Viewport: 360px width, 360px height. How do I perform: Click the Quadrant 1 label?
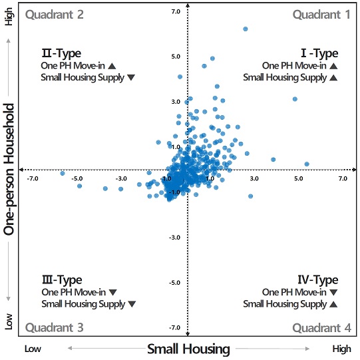click(321, 14)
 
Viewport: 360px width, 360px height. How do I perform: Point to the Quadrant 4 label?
click(321, 327)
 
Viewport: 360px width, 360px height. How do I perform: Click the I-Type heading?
click(319, 53)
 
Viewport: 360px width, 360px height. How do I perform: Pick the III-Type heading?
click(62, 280)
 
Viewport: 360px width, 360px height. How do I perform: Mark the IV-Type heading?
click(317, 280)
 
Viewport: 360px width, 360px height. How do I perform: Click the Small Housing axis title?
click(188, 349)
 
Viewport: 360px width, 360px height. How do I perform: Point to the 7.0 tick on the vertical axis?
click(194, 12)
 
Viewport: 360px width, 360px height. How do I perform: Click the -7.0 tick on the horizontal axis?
click(33, 178)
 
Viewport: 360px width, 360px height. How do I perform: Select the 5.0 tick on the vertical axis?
click(194, 57)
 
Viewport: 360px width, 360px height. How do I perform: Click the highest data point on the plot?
click(246, 29)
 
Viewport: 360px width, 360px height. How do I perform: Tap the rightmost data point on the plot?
click(307, 164)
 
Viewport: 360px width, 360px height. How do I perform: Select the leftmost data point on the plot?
click(63, 173)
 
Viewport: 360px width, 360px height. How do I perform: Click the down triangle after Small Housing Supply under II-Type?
click(131, 78)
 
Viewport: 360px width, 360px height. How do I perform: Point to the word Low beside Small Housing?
click(34, 349)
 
